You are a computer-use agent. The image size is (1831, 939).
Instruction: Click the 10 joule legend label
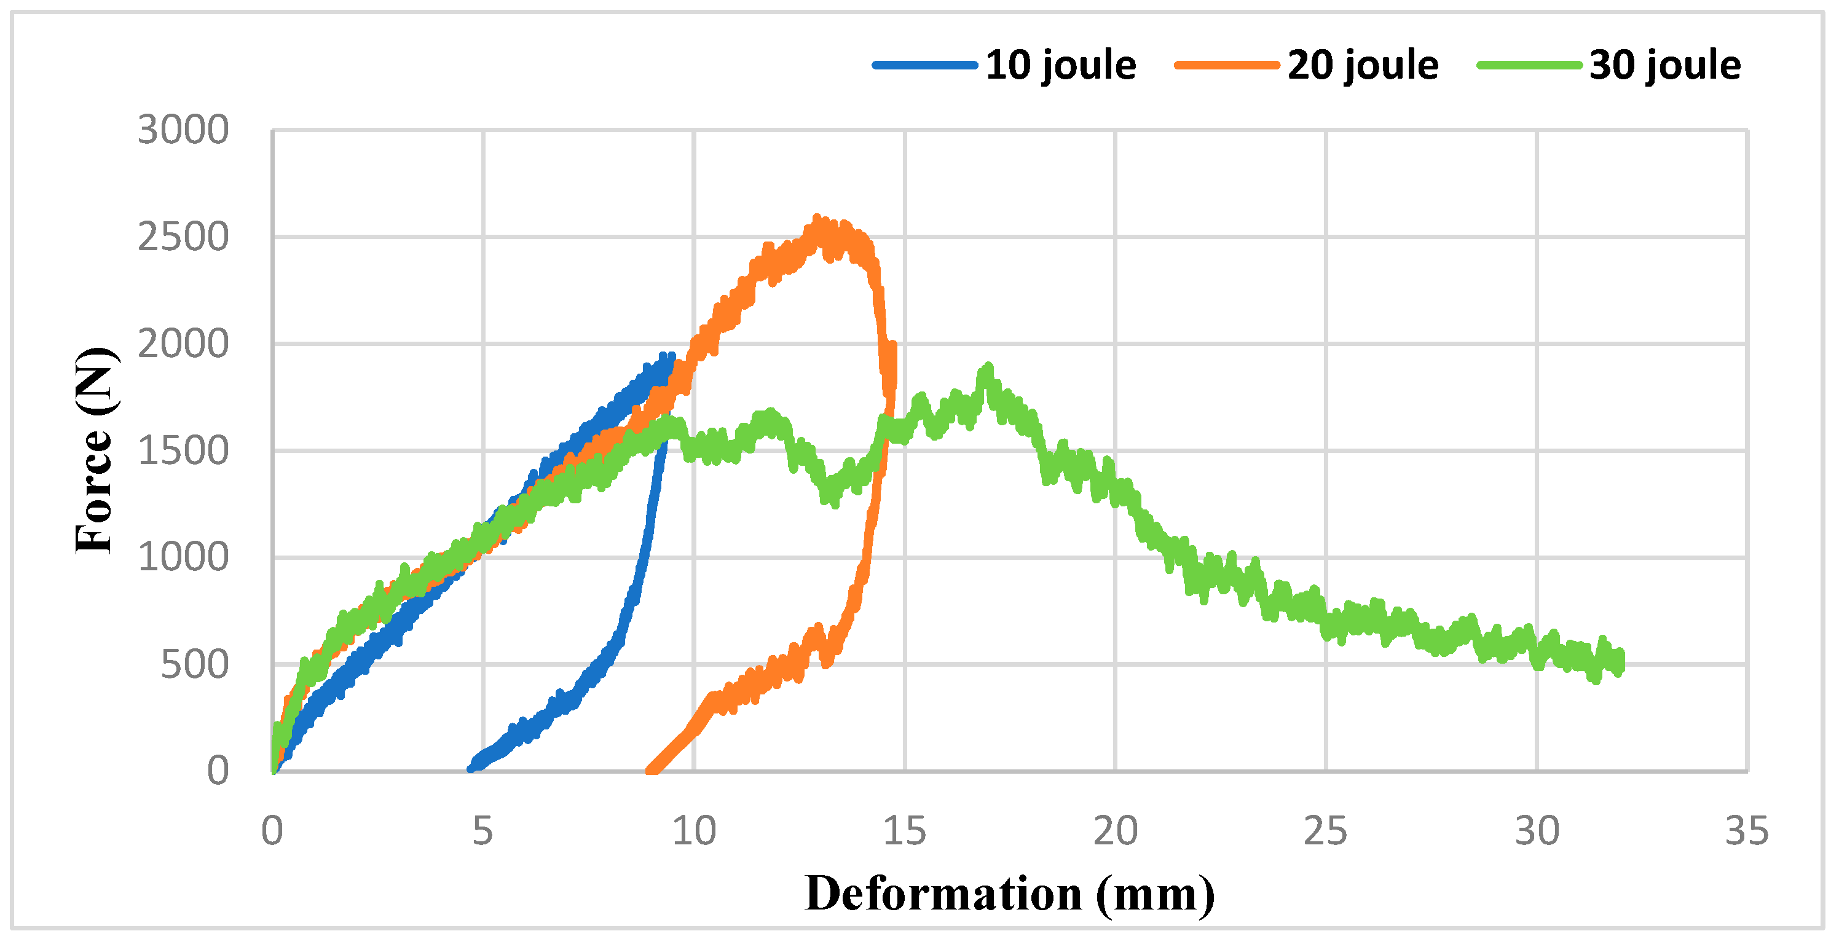1060,65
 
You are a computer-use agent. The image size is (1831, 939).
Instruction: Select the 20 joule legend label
1363,65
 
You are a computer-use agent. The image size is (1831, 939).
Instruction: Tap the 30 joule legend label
1664,65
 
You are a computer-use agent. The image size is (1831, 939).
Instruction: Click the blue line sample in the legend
925,65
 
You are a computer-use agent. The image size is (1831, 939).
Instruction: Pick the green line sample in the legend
1529,65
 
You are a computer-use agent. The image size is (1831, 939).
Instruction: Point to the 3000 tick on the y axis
183,130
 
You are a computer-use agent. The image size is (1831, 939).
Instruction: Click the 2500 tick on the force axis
183,237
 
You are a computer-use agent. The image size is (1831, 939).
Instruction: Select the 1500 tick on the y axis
183,450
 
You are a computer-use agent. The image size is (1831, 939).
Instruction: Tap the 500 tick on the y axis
194,665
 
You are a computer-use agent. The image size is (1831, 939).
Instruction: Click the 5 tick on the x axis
482,830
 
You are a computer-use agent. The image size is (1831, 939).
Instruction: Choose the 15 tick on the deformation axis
904,830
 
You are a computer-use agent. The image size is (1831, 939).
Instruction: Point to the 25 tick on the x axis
1326,830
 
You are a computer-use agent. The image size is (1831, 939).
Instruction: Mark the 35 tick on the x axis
1746,830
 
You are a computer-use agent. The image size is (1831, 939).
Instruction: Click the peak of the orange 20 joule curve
817,221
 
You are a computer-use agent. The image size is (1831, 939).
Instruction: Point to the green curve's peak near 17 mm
987,368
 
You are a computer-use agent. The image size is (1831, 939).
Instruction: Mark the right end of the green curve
1620,662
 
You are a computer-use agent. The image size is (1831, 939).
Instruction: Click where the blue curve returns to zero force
471,769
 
